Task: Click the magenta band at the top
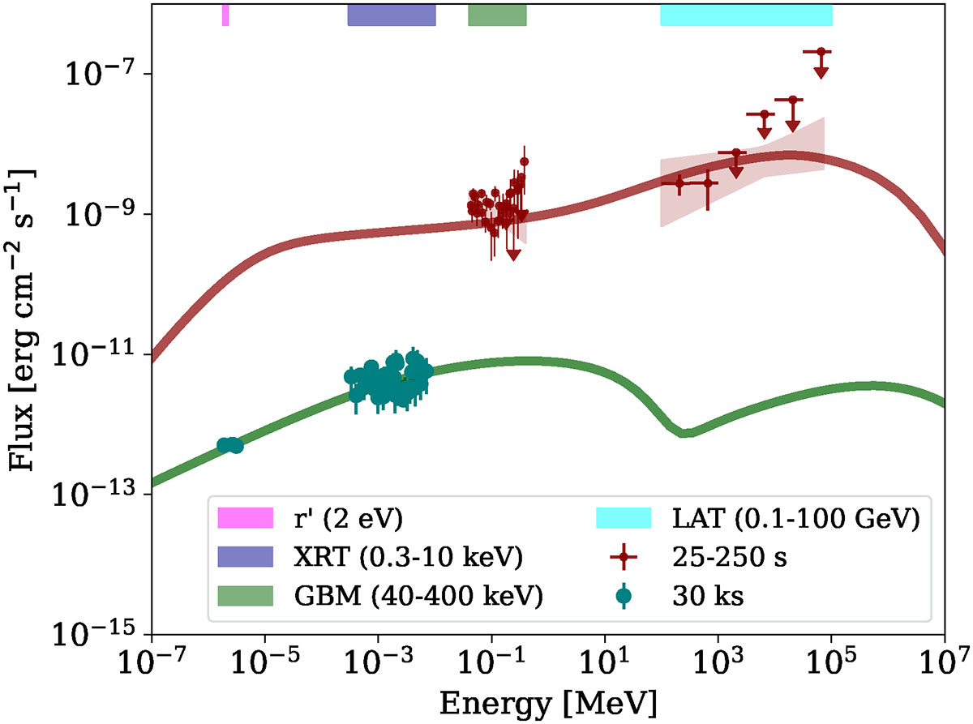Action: tap(225, 15)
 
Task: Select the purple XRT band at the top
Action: tap(392, 15)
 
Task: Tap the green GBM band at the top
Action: tap(497, 15)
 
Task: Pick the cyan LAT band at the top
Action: tap(746, 15)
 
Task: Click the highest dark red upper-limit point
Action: tap(821, 52)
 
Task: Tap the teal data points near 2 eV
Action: tap(229, 445)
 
